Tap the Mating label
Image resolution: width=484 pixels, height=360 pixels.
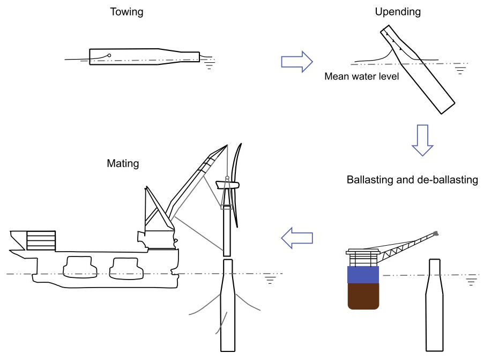[x=123, y=164]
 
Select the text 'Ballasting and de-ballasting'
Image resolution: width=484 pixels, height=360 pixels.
[x=412, y=180]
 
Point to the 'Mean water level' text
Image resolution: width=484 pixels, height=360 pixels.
[x=362, y=77]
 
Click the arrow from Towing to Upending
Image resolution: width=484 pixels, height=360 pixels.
[x=296, y=62]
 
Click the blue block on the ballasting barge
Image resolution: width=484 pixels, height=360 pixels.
[x=363, y=274]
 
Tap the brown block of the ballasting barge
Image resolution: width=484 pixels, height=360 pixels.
[x=363, y=297]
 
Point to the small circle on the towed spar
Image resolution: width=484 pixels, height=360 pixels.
[x=109, y=55]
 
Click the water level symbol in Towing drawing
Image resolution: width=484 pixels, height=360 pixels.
[x=210, y=63]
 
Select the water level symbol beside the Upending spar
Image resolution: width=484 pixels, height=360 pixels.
[x=460, y=68]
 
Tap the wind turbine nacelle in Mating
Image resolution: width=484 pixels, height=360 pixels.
[x=227, y=186]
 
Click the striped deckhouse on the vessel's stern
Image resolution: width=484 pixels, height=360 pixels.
[x=41, y=240]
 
